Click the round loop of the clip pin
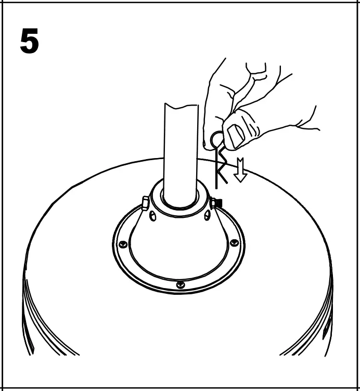[x=216, y=139]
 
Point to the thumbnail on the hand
[x=237, y=137]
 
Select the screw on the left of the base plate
[x=123, y=244]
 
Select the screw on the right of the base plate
[x=234, y=242]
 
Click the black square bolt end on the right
[x=218, y=203]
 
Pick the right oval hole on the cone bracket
[x=207, y=215]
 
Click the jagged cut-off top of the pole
[x=181, y=106]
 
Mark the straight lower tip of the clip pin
[x=216, y=182]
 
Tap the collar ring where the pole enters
[x=179, y=200]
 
